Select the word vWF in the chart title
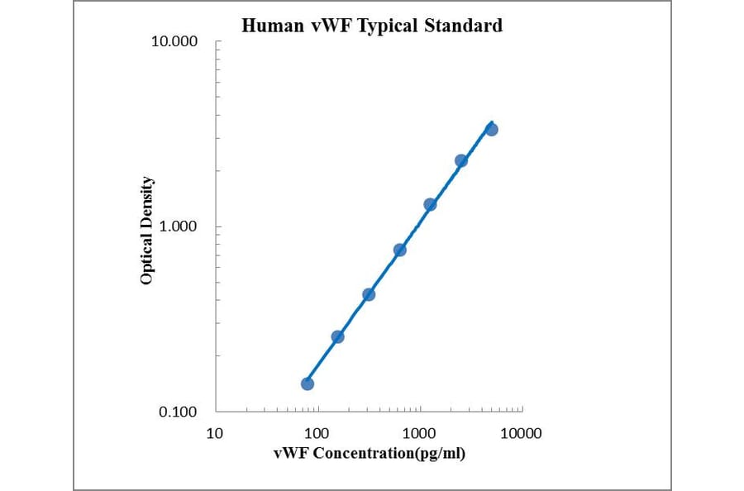324,26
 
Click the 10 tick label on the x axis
215,433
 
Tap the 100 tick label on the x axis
317,433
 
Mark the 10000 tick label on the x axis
522,433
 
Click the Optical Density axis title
146,231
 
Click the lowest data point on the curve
308,384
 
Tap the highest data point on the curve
492,130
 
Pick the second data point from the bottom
337,336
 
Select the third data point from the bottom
369,294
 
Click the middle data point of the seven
399,250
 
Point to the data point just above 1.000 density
430,204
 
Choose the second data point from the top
461,160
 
